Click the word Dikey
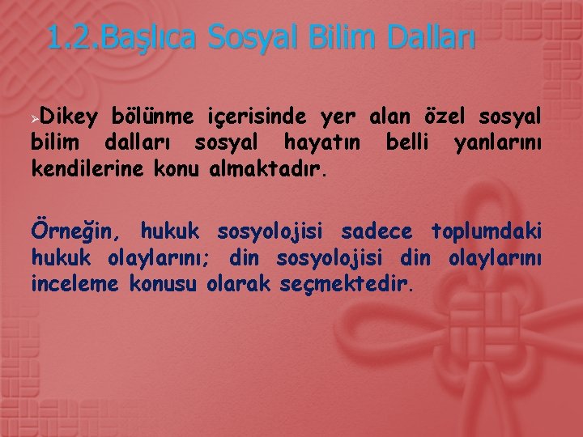coord(64,118)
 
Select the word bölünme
coord(147,118)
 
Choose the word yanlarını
coord(497,143)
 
